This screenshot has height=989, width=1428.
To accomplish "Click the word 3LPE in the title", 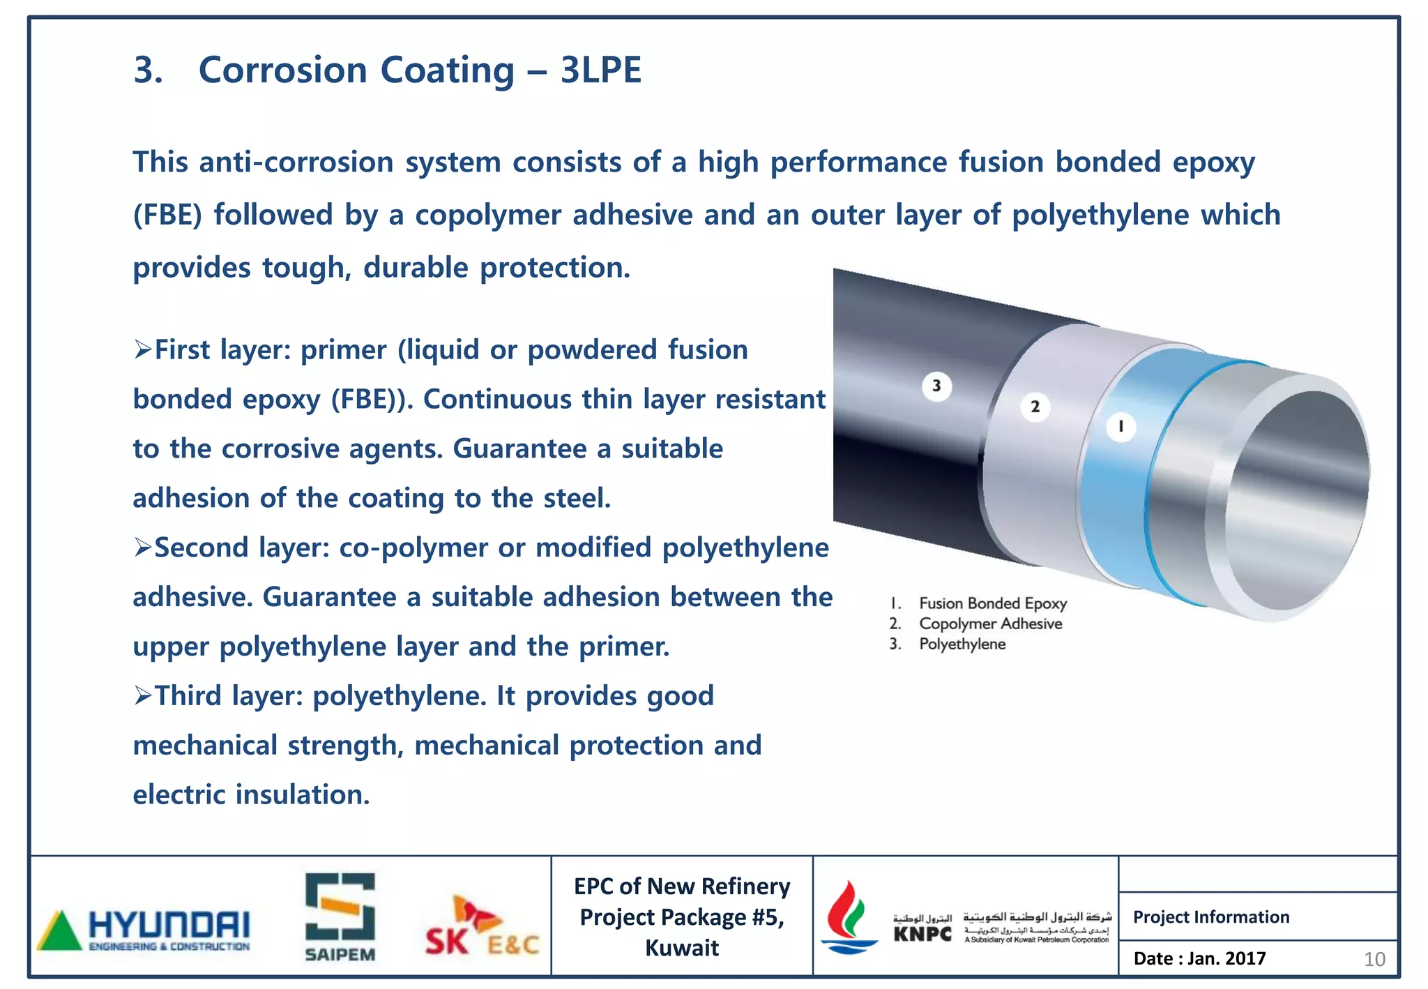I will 600,70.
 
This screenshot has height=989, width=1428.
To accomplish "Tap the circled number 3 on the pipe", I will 936,386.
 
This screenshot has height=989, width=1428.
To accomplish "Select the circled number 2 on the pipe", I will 1035,407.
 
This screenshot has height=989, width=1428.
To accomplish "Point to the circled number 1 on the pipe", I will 1121,426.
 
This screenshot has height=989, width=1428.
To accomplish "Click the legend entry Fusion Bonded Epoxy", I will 992,603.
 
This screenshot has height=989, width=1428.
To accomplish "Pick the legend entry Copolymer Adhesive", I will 990,624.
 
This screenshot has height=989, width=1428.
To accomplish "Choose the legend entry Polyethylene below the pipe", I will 962,644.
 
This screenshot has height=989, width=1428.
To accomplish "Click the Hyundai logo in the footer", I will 144,929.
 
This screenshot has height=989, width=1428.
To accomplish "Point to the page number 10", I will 1374,960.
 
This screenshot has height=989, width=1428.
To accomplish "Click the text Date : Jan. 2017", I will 1199,958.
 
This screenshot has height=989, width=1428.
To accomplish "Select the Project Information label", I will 1211,917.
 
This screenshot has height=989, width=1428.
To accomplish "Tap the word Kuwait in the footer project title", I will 681,949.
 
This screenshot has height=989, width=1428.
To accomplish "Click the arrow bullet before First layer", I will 143,349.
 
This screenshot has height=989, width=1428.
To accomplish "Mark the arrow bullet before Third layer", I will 143,695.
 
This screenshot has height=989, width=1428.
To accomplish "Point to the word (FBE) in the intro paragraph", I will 167,215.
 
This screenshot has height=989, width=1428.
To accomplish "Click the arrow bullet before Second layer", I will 143,548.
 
